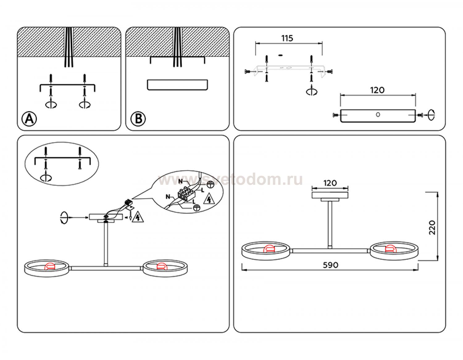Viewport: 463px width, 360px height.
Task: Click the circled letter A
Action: pos(29,118)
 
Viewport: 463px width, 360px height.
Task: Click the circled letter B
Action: pos(138,119)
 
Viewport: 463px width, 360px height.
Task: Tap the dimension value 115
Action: pos(287,39)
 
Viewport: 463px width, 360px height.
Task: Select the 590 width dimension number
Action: pos(330,265)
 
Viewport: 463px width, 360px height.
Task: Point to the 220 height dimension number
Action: pos(432,227)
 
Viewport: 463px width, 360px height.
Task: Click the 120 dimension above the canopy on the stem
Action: pos(330,183)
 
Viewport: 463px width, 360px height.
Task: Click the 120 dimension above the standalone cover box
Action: pos(377,90)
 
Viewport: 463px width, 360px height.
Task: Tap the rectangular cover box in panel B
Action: pos(177,85)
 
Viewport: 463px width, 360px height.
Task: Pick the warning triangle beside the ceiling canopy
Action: pos(138,217)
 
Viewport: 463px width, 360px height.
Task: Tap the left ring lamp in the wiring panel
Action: pos(47,268)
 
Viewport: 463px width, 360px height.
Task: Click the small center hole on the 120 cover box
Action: pos(378,115)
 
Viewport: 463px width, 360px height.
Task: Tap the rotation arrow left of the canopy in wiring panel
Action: pos(64,217)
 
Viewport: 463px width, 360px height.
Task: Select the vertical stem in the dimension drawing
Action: pos(330,224)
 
